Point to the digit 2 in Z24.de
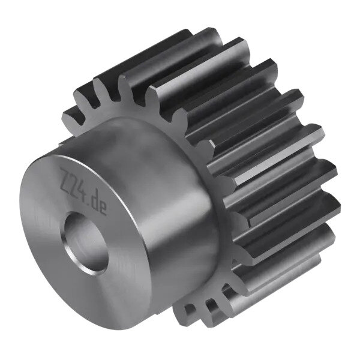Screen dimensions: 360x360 tap(73, 184)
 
